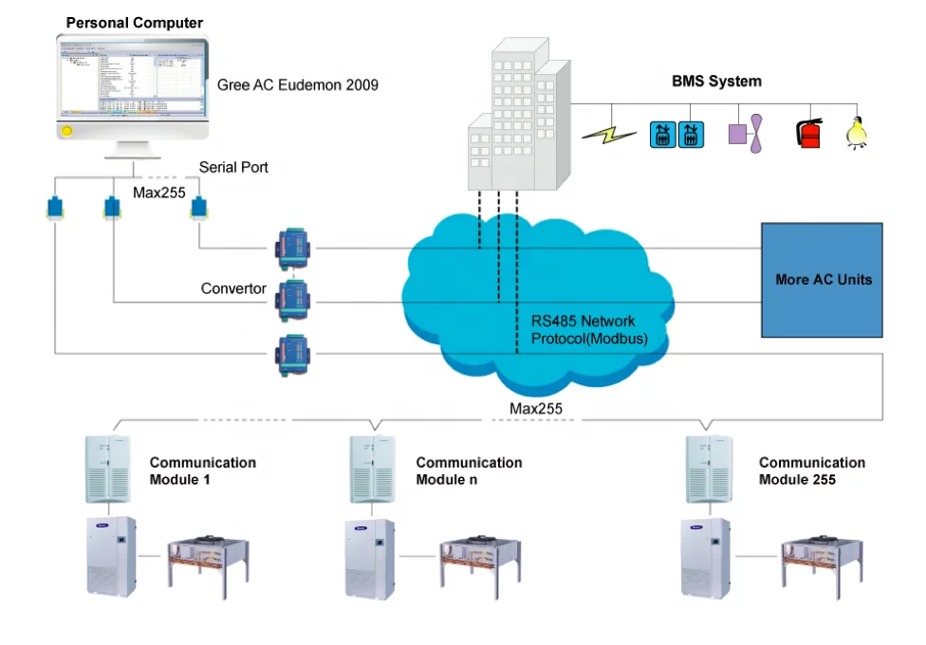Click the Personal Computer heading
point(134,23)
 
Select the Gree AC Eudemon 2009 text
point(298,85)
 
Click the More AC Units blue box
point(823,280)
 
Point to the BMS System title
point(716,82)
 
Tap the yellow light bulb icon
point(858,132)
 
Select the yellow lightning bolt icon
point(609,133)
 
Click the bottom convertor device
point(292,353)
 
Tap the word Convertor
point(233,288)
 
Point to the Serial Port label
point(233,168)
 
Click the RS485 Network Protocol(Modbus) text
point(583,328)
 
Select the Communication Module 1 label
point(202,470)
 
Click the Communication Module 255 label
point(811,470)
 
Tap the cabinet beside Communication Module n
point(372,470)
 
